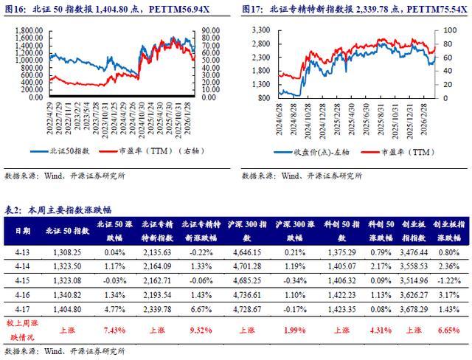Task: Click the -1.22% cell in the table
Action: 449,281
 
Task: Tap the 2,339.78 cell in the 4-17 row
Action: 156,309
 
